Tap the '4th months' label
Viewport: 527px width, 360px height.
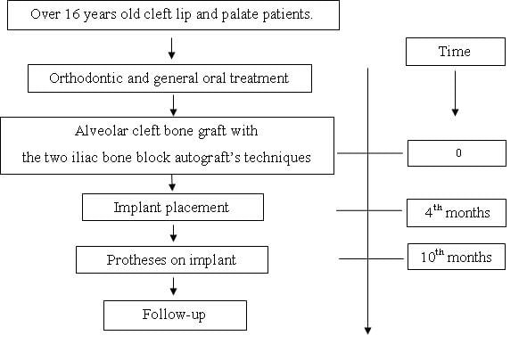457,212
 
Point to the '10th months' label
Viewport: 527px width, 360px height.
456,257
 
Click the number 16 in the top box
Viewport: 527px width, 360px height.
72,14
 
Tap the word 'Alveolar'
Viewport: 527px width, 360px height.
101,131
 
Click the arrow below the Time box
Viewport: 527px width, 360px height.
455,93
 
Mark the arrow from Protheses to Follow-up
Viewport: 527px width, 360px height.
173,286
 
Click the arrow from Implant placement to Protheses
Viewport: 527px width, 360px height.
173,233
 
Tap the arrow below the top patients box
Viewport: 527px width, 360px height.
171,48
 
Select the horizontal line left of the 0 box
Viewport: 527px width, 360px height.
370,153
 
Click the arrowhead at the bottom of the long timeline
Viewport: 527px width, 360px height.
367,331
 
